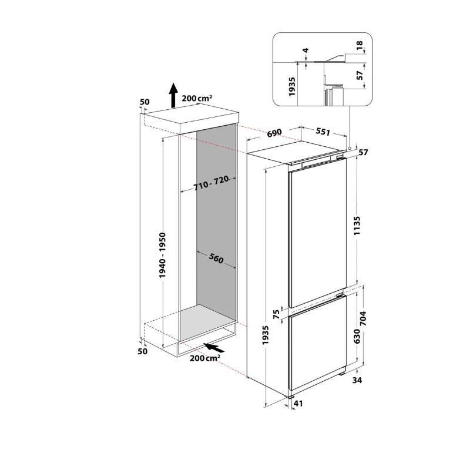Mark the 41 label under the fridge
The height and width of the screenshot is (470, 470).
point(298,404)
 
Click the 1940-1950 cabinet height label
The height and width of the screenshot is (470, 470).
point(163,256)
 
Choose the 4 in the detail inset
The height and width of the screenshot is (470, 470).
point(305,51)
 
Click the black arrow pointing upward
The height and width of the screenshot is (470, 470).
point(173,95)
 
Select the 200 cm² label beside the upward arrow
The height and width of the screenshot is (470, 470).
point(197,99)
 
